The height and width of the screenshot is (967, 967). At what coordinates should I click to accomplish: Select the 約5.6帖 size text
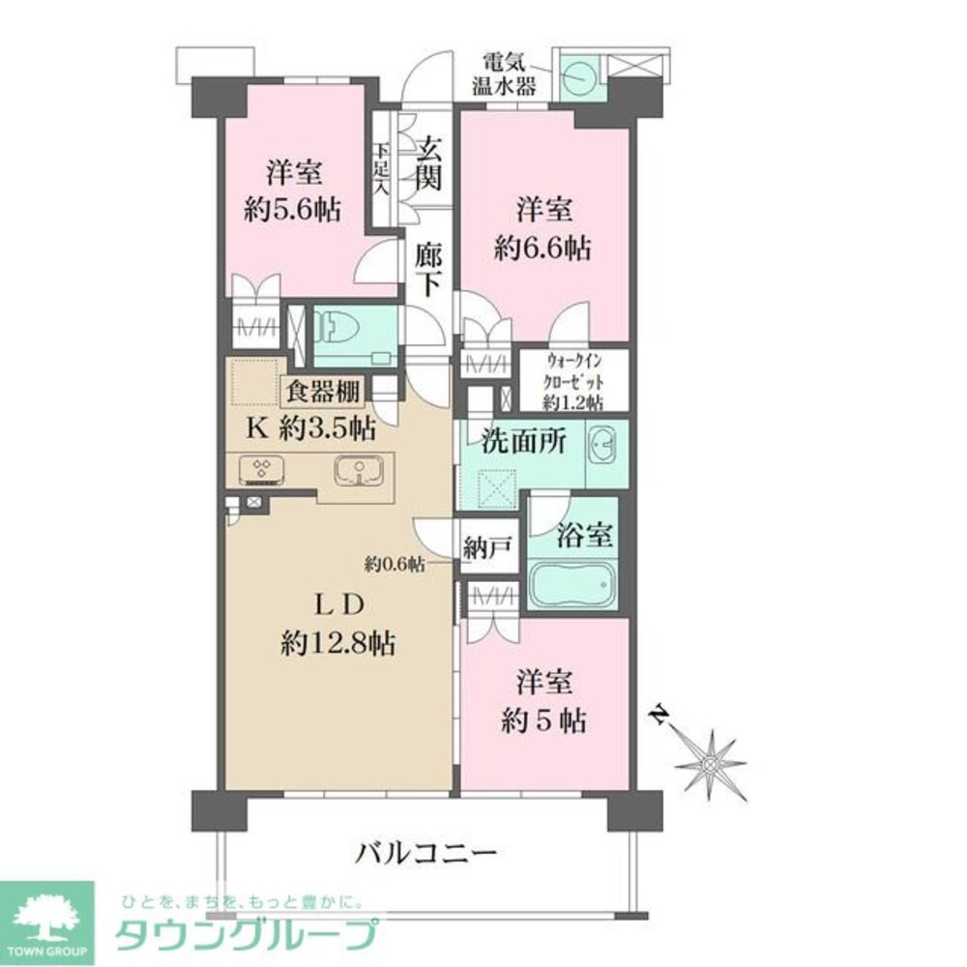pos(292,212)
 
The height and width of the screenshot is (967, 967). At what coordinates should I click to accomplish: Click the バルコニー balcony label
pos(426,853)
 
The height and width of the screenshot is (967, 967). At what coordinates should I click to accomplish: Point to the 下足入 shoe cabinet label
pos(383,171)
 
